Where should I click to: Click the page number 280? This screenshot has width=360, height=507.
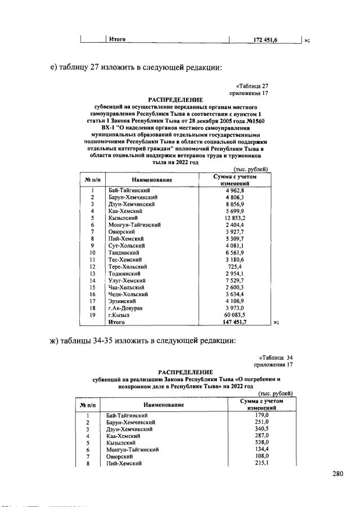(x=337, y=474)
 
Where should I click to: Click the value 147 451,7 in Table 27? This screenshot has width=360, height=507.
(x=235, y=323)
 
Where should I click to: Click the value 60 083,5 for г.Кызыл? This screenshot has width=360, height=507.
(x=235, y=316)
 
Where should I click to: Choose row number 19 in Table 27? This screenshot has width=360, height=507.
(x=91, y=316)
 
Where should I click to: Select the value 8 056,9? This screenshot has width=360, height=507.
(x=235, y=205)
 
